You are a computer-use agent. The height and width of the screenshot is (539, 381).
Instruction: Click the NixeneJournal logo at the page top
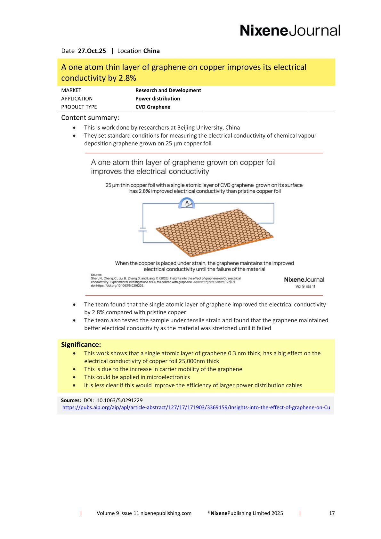(290, 30)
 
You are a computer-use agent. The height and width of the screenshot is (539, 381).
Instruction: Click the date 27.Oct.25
(92, 51)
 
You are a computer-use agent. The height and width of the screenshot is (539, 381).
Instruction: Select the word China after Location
(151, 51)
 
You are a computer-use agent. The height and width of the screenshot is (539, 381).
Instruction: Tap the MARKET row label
(71, 90)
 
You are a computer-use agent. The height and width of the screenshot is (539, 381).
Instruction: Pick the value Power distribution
(158, 99)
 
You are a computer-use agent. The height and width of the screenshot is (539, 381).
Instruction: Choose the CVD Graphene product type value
(153, 107)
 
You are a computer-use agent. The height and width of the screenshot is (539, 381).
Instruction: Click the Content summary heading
(90, 117)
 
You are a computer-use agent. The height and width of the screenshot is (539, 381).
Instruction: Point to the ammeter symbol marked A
(187, 203)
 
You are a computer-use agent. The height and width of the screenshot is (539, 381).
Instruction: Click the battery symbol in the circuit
(143, 229)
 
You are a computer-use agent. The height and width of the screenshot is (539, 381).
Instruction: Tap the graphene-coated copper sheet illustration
(215, 232)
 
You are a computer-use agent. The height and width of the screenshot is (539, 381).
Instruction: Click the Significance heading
(81, 345)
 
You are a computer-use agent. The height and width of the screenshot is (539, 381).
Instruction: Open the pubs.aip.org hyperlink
(196, 407)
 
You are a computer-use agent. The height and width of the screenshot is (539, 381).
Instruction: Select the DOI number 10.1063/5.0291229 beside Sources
(119, 400)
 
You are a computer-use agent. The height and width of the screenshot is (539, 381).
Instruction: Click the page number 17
(332, 513)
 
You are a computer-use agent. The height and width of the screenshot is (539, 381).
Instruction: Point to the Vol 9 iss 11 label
(305, 286)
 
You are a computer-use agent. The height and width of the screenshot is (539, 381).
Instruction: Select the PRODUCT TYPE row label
(79, 107)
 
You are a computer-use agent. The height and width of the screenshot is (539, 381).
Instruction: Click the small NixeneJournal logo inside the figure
(304, 279)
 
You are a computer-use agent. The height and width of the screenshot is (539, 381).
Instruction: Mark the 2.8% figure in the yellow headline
(127, 78)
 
